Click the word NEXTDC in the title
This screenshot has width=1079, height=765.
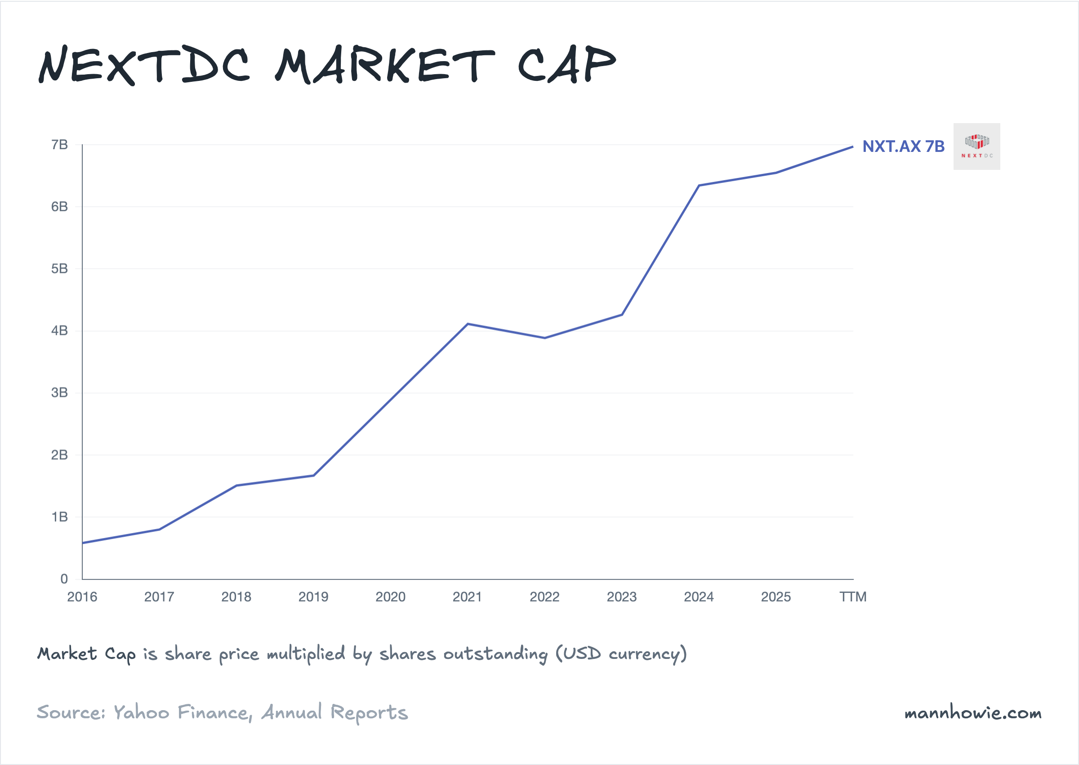(144, 66)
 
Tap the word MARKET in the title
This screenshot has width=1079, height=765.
(385, 66)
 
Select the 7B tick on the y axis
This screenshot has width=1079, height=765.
(59, 145)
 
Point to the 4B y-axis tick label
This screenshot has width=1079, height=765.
(59, 331)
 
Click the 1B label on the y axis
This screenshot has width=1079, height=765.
(59, 517)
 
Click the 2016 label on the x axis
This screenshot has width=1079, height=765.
(82, 597)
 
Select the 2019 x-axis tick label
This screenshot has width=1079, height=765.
(313, 597)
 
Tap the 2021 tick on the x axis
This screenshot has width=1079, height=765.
(467, 597)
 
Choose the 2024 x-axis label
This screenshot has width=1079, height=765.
(699, 597)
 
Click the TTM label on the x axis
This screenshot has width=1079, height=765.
(853, 597)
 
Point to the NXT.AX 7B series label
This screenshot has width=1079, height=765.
(903, 147)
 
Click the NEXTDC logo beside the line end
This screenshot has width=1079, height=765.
(977, 147)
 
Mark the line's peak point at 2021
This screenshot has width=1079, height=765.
(468, 324)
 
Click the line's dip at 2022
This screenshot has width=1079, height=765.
(545, 338)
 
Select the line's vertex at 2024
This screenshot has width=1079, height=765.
(699, 186)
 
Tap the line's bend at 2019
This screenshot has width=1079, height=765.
(313, 475)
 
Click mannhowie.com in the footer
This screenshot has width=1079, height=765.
(973, 713)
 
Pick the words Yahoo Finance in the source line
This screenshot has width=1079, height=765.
(181, 713)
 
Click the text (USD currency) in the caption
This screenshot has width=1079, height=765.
(621, 654)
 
